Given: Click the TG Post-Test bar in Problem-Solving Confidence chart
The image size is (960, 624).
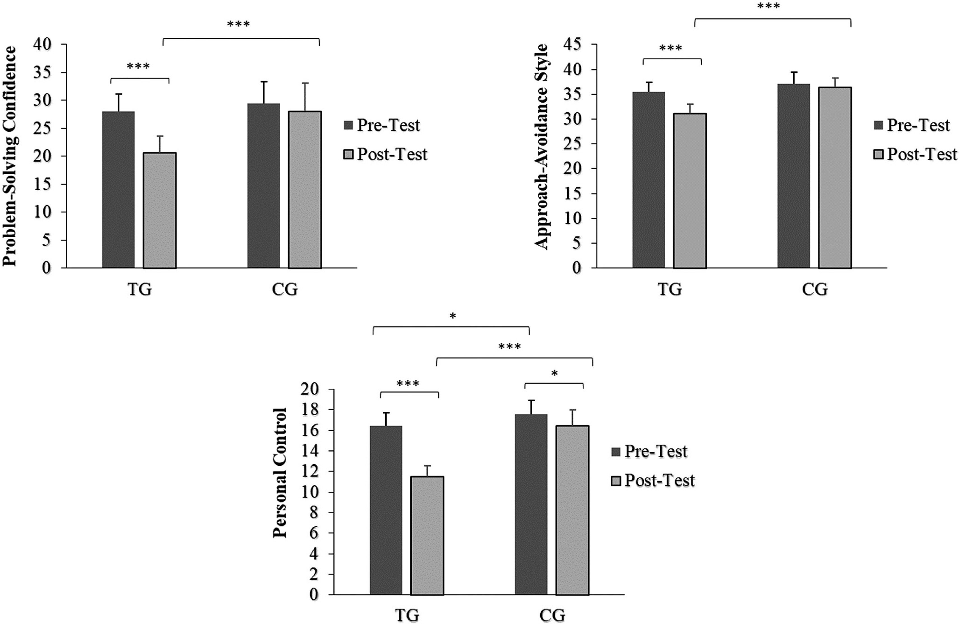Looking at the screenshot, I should click(x=160, y=210).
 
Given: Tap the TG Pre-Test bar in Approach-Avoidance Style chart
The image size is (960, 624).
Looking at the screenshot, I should click(x=648, y=180).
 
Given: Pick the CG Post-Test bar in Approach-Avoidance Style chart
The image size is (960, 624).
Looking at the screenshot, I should click(x=835, y=177).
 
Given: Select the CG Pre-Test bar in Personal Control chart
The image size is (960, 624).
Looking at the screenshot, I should click(x=531, y=504).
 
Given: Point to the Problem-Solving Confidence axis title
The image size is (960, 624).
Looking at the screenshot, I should click(x=10, y=156).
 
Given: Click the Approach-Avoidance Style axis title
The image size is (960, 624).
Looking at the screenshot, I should click(x=541, y=147).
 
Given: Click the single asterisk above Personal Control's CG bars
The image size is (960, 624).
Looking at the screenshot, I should click(x=554, y=374).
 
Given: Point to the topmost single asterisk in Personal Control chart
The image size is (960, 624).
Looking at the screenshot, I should click(x=453, y=317).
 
